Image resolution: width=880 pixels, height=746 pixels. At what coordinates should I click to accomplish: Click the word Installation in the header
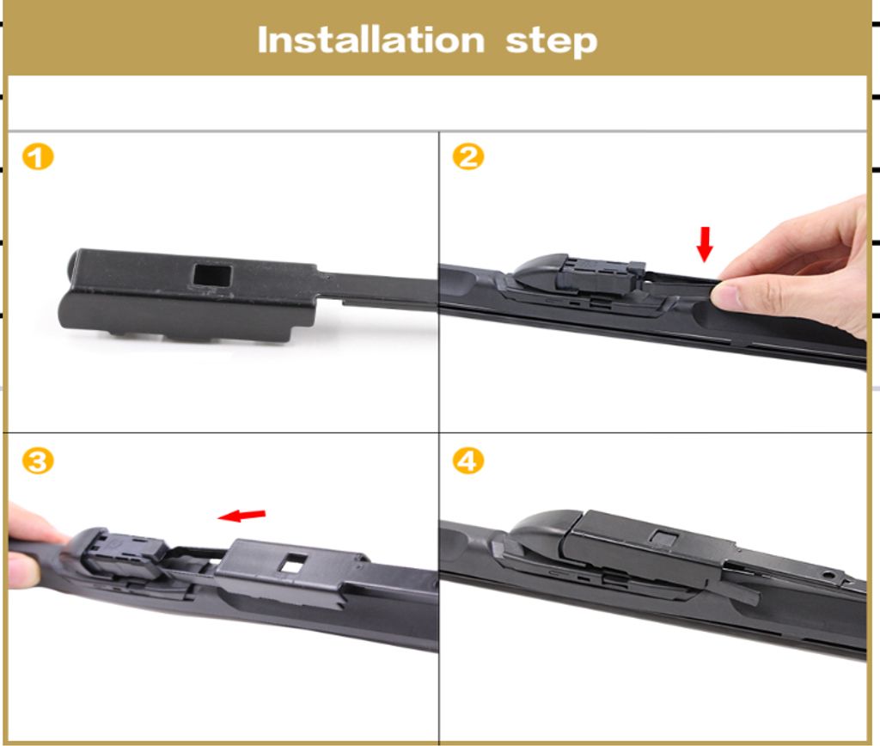371,40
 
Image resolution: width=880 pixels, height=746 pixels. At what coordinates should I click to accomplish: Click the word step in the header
551,42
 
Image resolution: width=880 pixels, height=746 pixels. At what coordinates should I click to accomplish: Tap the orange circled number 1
38,156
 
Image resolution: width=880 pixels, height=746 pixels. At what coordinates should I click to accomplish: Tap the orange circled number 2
468,156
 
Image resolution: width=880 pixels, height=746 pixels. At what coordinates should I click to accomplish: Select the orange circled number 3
38,462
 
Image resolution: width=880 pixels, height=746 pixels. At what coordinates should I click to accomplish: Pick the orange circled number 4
468,462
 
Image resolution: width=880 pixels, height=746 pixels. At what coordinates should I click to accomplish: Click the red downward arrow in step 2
705,244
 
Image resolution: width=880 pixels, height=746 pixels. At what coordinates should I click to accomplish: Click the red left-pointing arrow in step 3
241,515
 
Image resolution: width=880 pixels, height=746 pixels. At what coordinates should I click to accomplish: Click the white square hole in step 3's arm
294,563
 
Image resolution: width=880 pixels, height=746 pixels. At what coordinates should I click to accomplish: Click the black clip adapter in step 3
124,556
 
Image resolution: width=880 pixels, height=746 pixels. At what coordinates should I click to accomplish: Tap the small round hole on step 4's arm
828,575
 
